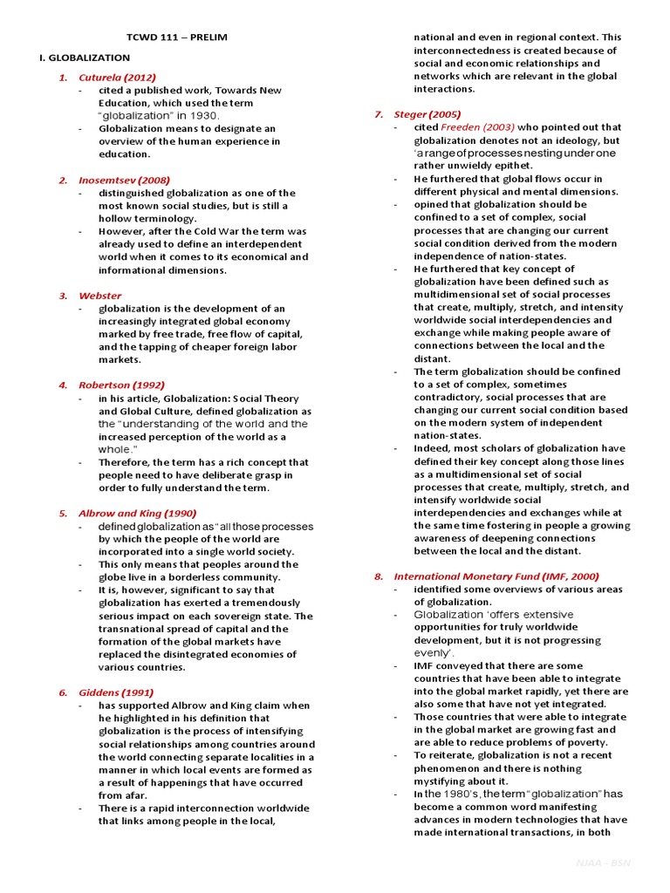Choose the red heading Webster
click(100, 296)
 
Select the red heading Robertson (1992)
click(121, 385)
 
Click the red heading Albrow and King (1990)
click(138, 514)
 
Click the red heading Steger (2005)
click(427, 114)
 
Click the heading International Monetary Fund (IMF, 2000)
click(496, 576)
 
